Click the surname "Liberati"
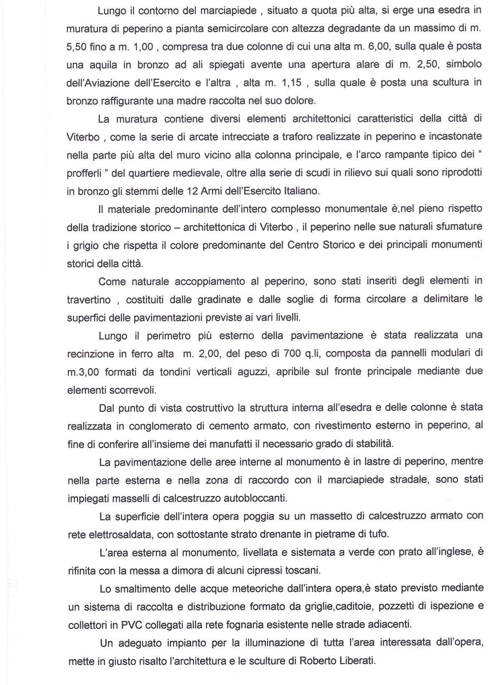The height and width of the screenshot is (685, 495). tap(357, 661)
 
